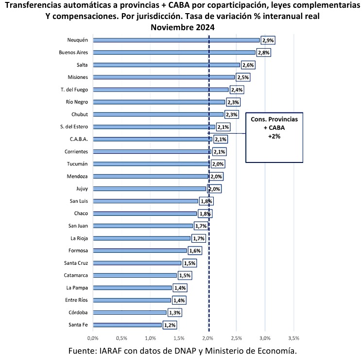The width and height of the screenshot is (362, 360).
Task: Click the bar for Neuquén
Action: (176, 40)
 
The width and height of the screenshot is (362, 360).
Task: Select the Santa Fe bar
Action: (127, 325)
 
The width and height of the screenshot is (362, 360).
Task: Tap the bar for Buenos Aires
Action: (173, 52)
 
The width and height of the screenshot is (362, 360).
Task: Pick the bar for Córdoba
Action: (129, 312)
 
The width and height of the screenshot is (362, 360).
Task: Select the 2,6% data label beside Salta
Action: (248, 65)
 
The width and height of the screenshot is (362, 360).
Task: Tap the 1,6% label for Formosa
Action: (195, 251)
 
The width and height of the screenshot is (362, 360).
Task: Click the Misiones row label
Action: (78, 77)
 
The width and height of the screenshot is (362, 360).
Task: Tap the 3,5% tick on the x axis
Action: (293, 338)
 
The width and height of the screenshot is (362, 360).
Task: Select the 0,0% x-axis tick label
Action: (92, 338)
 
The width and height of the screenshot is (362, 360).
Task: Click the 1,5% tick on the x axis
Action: (178, 338)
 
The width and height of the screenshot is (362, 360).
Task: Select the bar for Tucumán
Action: (151, 164)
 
